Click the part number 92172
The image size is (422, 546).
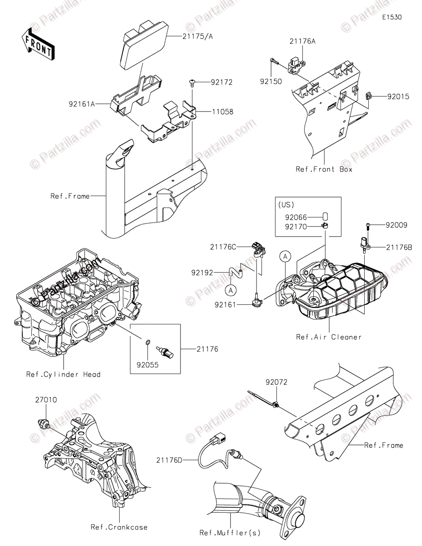click(x=221, y=82)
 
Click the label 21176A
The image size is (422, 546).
click(x=302, y=41)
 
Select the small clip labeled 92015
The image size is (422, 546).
click(x=370, y=96)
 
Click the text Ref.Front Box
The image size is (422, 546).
click(x=324, y=169)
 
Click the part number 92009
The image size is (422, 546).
click(x=397, y=225)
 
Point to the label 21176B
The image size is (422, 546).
click(x=399, y=247)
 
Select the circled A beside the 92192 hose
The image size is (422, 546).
click(x=231, y=289)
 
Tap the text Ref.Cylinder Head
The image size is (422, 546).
click(x=63, y=374)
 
